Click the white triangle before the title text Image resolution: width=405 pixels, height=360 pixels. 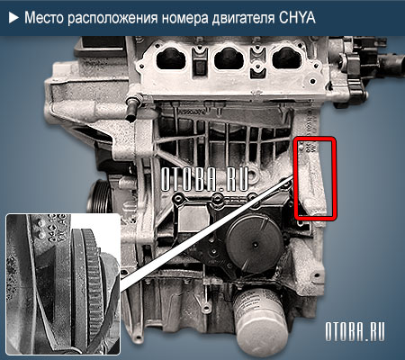point(12,17)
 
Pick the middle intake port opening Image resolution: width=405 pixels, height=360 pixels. point(223,61)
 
